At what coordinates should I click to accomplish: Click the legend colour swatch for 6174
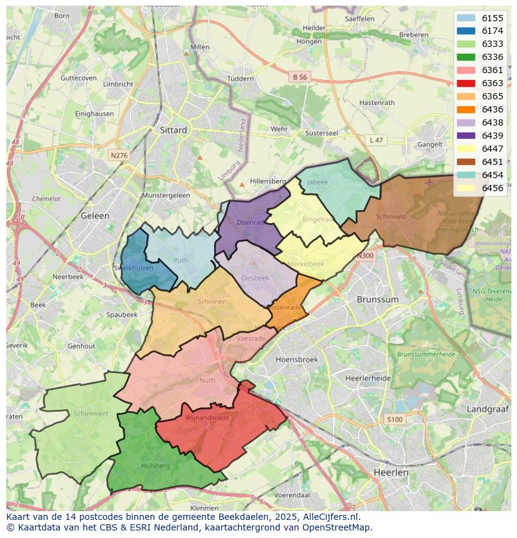[466, 31]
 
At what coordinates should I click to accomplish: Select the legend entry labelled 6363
[493, 83]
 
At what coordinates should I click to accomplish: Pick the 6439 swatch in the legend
[466, 136]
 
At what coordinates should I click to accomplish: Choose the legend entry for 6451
[493, 162]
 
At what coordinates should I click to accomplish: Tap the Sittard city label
[173, 130]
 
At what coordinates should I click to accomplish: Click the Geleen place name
[95, 216]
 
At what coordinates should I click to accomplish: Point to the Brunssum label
[377, 299]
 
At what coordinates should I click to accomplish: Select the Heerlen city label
[391, 472]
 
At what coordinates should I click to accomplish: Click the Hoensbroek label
[297, 359]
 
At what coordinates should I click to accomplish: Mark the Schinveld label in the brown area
[391, 217]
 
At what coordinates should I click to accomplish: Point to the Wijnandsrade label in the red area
[207, 417]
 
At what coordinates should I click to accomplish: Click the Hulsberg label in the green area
[155, 466]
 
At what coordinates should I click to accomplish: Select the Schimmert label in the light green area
[91, 414]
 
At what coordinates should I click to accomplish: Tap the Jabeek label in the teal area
[317, 182]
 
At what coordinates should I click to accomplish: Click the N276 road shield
[118, 155]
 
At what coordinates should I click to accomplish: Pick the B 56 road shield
[300, 77]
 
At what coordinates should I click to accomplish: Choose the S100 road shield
[394, 419]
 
